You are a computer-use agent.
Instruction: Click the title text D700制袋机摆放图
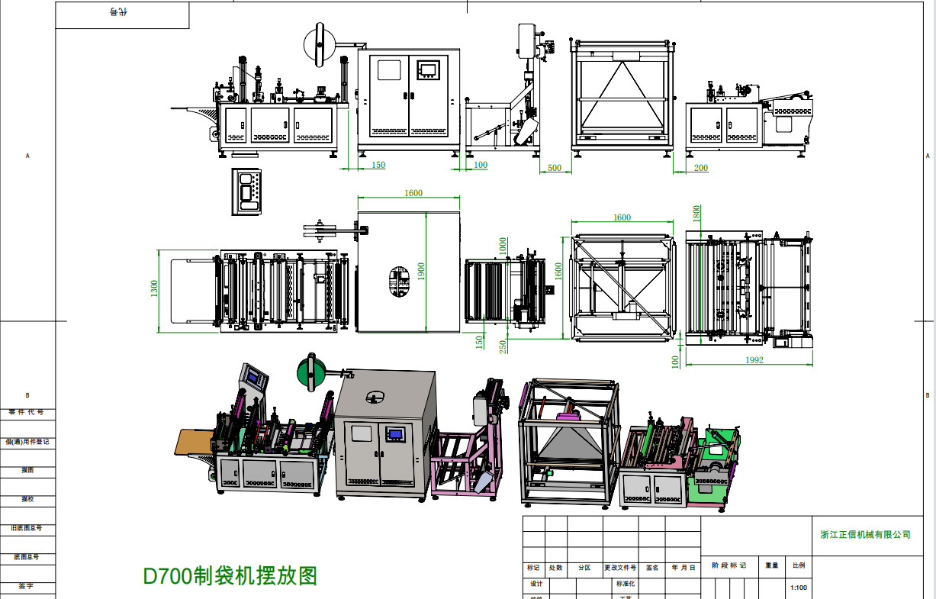230,575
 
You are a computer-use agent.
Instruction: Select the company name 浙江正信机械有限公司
865,535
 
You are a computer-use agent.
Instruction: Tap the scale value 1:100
799,588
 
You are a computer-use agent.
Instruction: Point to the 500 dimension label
555,168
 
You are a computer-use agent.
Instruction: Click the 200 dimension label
701,168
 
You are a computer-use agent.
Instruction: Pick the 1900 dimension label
420,272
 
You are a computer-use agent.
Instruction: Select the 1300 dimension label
153,289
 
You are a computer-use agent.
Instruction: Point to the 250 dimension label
503,346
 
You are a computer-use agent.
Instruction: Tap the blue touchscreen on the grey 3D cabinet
395,435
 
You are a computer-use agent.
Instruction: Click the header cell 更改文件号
619,568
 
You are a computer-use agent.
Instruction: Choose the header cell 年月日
683,568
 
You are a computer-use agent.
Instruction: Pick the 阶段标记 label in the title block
729,565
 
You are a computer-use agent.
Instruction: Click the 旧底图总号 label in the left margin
27,528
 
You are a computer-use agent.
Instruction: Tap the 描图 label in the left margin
27,470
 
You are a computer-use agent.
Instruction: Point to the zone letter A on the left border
28,156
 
